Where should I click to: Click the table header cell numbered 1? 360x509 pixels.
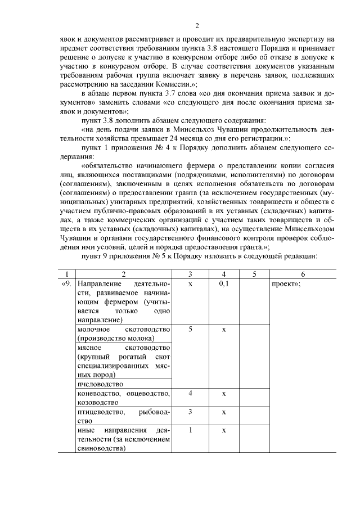click(x=67, y=274)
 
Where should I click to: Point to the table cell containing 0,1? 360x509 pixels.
click(x=223, y=284)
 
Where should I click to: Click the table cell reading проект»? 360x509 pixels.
click(x=286, y=284)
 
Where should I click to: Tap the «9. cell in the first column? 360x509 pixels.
click(x=67, y=284)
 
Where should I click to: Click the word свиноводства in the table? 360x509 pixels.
click(x=101, y=448)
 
